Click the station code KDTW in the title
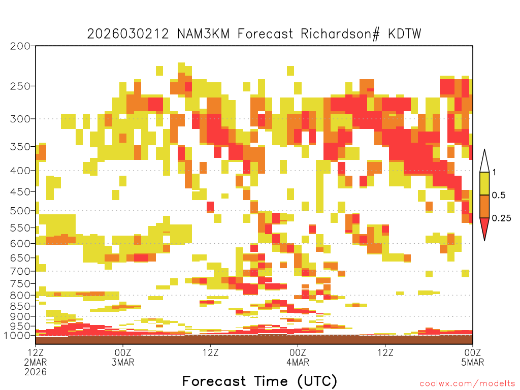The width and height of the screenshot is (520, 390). [x=404, y=34]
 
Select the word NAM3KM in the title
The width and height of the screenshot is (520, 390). [x=203, y=34]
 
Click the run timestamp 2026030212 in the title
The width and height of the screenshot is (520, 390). [x=128, y=34]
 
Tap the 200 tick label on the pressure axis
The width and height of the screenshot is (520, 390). [x=20, y=46]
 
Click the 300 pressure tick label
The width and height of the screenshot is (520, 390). [x=20, y=119]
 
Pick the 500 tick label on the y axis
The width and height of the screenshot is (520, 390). [x=20, y=211]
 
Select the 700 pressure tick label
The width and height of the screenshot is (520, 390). [x=20, y=271]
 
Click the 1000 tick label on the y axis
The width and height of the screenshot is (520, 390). [x=17, y=335]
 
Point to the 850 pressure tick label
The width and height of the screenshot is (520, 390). [x=20, y=306]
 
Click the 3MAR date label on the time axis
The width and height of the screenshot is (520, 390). [x=123, y=362]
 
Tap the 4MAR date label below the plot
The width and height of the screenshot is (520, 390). [x=298, y=362]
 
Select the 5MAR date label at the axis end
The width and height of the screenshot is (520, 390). [x=472, y=362]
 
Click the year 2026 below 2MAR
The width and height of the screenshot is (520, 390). [x=36, y=372]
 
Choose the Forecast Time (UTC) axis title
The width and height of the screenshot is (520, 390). [x=259, y=381]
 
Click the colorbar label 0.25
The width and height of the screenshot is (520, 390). [x=501, y=218]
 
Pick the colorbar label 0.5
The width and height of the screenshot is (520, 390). [x=499, y=196]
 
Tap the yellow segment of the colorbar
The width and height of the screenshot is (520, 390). [x=484, y=183]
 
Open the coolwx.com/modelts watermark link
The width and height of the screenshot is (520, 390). [x=467, y=384]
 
